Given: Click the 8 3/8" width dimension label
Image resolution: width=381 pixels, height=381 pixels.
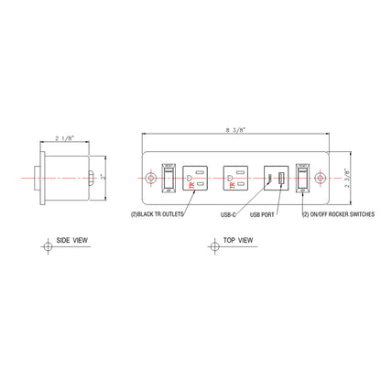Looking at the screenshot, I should pos(236,130).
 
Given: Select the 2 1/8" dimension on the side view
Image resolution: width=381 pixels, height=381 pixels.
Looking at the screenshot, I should pos(64,137).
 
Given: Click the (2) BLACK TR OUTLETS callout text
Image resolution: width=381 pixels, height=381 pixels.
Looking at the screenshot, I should pos(158,214).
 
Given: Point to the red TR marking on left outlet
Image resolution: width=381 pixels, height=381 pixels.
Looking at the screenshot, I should pos(190,184).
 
